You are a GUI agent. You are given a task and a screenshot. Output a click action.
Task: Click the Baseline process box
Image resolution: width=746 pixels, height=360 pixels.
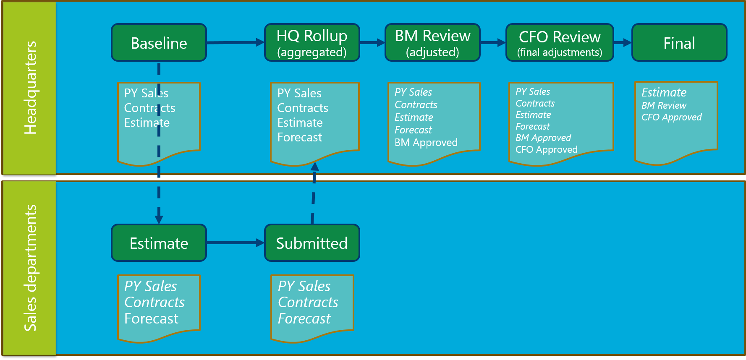[159, 43]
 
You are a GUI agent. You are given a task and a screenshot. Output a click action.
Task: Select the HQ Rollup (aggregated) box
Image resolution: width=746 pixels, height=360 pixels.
[312, 43]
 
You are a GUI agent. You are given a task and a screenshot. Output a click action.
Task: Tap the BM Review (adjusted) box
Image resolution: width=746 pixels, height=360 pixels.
[432, 43]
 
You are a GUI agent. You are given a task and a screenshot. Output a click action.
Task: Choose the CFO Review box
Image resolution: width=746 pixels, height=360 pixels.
[560, 43]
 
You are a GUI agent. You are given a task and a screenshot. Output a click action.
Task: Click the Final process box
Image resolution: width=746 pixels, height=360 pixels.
[679, 43]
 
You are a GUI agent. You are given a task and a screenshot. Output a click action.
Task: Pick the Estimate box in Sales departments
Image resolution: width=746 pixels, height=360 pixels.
[159, 243]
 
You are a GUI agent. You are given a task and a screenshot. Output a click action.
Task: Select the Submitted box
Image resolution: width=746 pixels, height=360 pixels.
[312, 243]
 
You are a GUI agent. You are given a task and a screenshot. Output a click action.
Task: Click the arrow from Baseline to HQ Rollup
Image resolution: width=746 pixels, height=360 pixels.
[235, 42]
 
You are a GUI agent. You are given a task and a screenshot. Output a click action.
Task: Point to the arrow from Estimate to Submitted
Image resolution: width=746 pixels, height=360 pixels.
[235, 243]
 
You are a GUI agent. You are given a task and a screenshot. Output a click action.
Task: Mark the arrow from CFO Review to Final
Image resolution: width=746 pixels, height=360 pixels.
[623, 42]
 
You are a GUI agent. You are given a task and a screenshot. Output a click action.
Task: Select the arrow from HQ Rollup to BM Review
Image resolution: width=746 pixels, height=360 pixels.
[372, 42]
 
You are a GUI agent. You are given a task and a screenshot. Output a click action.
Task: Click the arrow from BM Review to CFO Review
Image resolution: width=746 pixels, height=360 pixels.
[493, 42]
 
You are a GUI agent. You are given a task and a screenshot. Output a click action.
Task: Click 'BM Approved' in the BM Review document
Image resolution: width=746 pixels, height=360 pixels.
[426, 143]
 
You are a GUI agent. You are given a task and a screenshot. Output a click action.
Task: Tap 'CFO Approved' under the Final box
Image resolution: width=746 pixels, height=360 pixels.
[671, 117]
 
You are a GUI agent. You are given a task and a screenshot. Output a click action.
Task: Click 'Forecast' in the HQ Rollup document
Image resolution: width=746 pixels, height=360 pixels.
[300, 137]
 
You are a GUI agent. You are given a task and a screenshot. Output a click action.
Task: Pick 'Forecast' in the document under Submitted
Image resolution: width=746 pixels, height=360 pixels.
[304, 318]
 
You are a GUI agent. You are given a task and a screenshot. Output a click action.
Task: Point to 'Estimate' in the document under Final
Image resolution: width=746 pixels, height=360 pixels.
[664, 92]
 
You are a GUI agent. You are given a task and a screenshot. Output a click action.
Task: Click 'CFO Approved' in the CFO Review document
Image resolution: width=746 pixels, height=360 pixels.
[546, 149]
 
